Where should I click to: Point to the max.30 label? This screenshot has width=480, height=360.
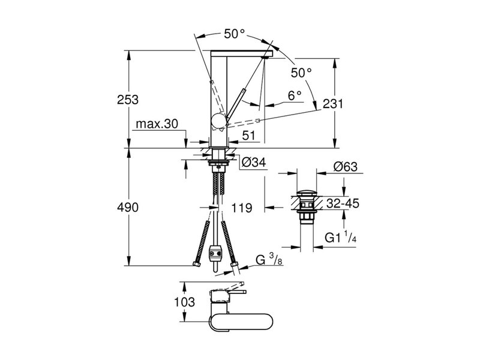pos(157,124)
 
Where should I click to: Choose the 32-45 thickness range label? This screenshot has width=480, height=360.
pos(343,204)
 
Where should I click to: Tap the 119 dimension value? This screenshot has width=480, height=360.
pos(241,208)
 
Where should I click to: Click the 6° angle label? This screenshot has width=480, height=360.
pos(294,95)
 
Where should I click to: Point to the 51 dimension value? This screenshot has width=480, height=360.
pos(249,136)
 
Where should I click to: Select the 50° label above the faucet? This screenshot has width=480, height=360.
pos(235,34)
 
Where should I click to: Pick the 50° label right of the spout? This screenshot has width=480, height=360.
pos(301,73)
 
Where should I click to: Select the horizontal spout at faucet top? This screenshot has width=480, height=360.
pos(243,54)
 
